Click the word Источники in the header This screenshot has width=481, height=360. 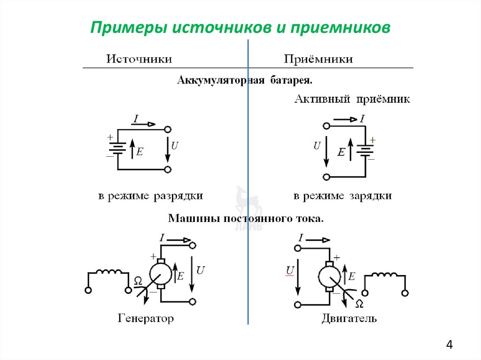(x=139, y=60)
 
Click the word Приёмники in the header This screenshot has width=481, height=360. (x=318, y=60)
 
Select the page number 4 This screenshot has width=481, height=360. (x=450, y=345)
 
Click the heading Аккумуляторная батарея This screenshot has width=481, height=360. (x=244, y=80)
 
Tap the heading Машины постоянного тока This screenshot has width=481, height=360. (x=246, y=219)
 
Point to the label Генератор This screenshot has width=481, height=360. (x=145, y=319)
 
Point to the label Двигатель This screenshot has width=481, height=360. (x=349, y=319)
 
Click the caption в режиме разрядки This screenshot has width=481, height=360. (x=150, y=196)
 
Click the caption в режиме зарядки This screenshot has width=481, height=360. (x=342, y=196)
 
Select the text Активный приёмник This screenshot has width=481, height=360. (x=352, y=100)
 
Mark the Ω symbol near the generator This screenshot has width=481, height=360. (x=138, y=281)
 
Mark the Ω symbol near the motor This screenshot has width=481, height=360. (x=359, y=303)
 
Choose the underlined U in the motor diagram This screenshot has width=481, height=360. (x=290, y=270)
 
